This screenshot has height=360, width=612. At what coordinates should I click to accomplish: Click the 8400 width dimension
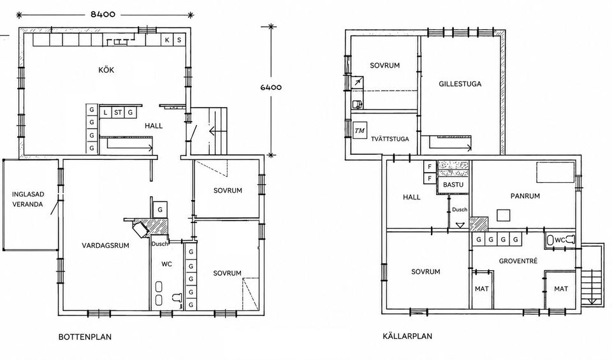(x=103, y=15)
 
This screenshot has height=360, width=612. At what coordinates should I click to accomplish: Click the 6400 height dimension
(x=271, y=87)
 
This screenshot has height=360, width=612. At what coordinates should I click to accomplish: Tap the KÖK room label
(x=106, y=70)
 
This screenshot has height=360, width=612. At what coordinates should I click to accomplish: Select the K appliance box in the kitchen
(x=167, y=40)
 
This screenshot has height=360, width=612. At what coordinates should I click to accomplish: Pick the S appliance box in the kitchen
(x=179, y=40)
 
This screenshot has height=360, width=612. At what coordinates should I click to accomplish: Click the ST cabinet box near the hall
(x=118, y=113)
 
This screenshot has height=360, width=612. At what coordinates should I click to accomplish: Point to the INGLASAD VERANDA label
(x=27, y=199)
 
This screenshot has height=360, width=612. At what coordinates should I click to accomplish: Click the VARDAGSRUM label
(x=105, y=245)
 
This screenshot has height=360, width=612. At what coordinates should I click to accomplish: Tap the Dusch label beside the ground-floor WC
(x=159, y=244)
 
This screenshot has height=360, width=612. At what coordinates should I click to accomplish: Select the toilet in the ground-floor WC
(x=177, y=298)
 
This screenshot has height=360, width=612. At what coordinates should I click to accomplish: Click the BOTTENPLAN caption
(x=85, y=336)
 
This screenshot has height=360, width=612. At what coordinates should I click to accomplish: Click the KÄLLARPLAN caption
(x=407, y=336)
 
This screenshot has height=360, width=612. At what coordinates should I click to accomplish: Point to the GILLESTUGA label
(x=460, y=84)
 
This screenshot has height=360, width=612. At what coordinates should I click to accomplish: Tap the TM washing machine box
(x=360, y=131)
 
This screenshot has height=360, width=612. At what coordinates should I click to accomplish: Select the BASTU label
(x=453, y=185)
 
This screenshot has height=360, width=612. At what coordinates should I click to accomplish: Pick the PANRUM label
(x=525, y=196)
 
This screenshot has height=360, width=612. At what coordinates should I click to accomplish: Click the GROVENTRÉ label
(x=518, y=261)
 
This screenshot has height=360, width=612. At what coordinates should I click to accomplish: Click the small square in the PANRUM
(x=504, y=215)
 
